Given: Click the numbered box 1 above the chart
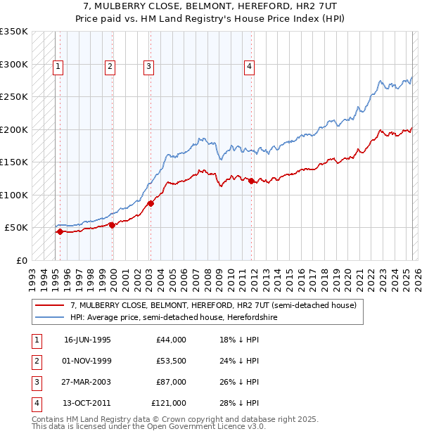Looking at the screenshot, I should click(57, 67).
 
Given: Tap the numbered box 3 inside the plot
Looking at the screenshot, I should click(149, 67).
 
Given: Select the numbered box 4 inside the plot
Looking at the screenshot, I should click(249, 67).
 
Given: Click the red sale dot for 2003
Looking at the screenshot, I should click(151, 204).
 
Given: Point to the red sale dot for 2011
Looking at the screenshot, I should click(251, 181).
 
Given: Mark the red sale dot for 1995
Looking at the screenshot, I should click(60, 231).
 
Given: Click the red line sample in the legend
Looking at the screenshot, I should click(50, 306).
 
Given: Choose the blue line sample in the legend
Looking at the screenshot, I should click(50, 317).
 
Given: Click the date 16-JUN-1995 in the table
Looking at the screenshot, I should click(87, 340).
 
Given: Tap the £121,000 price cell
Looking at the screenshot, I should click(169, 403).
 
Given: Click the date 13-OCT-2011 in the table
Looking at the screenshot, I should click(88, 403).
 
